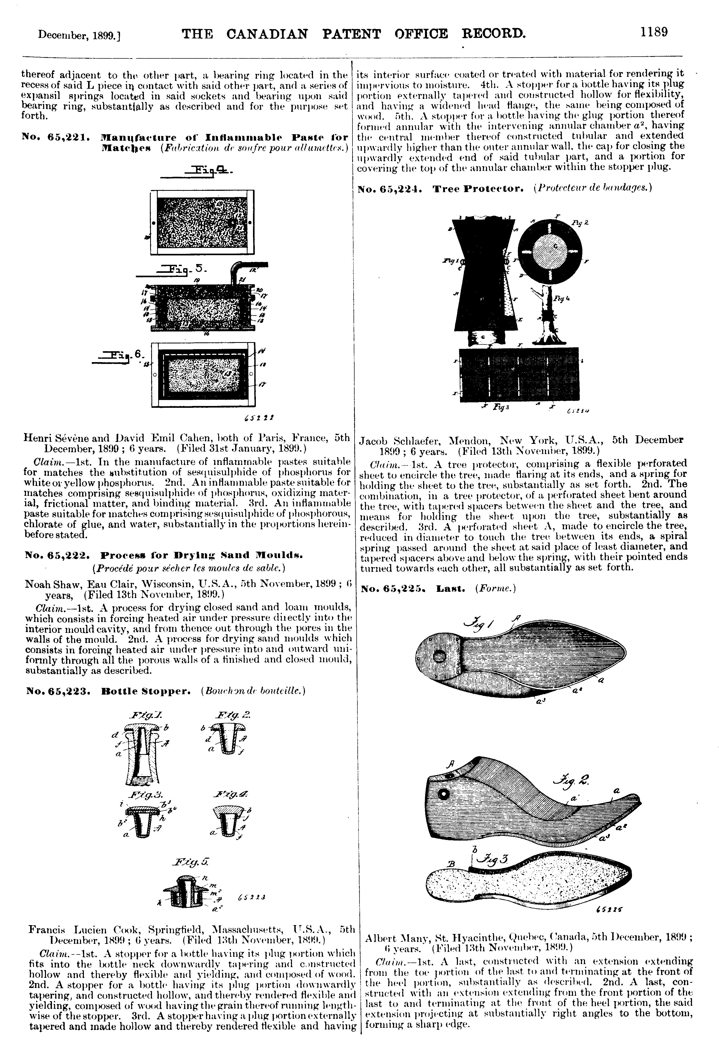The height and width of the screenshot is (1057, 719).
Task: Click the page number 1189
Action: pyautogui.click(x=654, y=32)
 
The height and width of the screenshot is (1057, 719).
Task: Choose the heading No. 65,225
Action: pyautogui.click(x=395, y=588)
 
